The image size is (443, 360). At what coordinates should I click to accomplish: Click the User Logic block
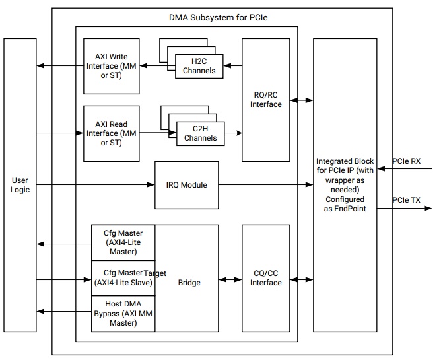pyautogui.click(x=20, y=184)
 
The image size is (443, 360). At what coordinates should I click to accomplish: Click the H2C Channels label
pyautogui.click(x=199, y=66)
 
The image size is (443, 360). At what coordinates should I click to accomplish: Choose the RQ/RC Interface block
pyautogui.click(x=265, y=99)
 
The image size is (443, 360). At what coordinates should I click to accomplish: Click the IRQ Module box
pyautogui.click(x=186, y=185)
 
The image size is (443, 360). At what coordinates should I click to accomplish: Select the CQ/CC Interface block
pyautogui.click(x=265, y=278)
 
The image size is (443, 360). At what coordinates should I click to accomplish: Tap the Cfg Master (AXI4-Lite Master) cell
pyautogui.click(x=123, y=242)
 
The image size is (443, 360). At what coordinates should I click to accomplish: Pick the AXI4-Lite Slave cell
pyautogui.click(x=123, y=278)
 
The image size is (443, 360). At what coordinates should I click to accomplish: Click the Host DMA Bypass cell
pyautogui.click(x=123, y=314)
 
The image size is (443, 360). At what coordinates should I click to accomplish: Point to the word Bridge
pyautogui.click(x=189, y=283)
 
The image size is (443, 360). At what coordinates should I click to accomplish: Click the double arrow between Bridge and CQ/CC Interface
pyautogui.click(x=230, y=279)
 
